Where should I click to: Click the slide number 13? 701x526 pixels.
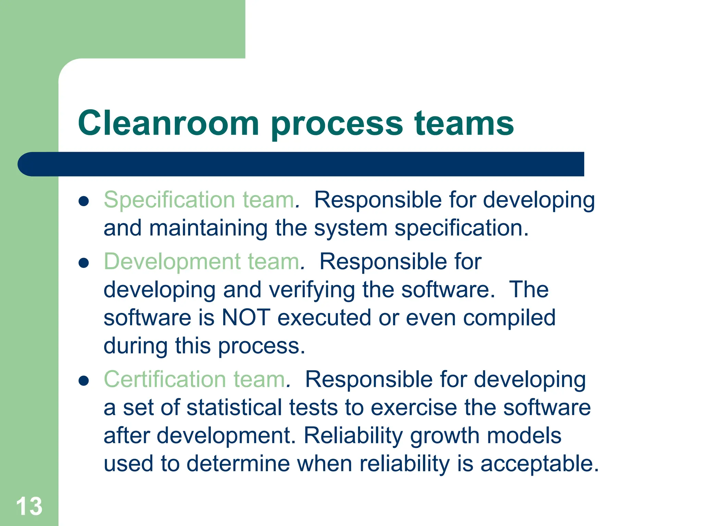coord(29,506)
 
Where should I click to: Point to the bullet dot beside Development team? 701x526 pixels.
coord(84,263)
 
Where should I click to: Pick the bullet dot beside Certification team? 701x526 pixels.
coord(84,380)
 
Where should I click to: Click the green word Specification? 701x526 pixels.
coord(169,200)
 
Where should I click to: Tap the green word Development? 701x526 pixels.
coord(172,262)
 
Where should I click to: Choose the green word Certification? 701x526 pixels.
coord(165,379)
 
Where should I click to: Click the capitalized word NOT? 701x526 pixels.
coord(246,317)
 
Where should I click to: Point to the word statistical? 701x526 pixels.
coord(234,408)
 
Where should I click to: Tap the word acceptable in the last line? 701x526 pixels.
coord(539,464)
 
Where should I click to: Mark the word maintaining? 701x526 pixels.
coord(208,228)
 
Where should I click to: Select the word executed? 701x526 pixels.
coord(324,317)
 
